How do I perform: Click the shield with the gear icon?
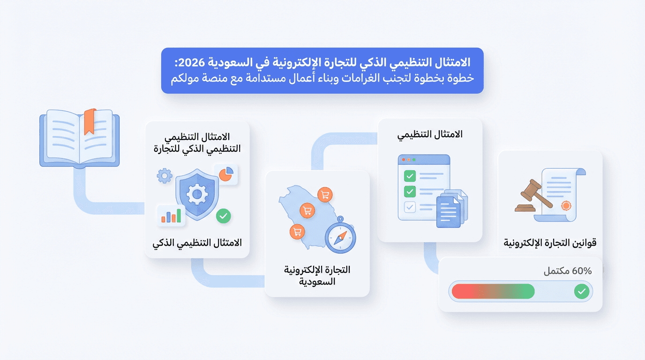tap(197, 195)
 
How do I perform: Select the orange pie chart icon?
tap(226, 174)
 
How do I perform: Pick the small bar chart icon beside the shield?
tap(171, 215)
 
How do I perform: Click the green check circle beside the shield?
tap(224, 216)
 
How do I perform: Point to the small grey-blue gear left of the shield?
tap(165, 176)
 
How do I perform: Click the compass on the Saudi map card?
tap(340, 236)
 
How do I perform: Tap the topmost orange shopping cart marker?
tap(324, 195)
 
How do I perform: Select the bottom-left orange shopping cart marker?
tap(296, 231)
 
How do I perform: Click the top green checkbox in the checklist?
tap(410, 176)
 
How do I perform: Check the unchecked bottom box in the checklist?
tap(410, 207)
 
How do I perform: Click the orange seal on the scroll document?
tap(566, 205)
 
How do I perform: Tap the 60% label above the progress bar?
tap(581, 271)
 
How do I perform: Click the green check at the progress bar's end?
tap(582, 292)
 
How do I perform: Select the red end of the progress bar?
tap(462, 292)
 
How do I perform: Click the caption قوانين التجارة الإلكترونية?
tap(550, 243)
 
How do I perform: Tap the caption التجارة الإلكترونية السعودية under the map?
tap(317, 276)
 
